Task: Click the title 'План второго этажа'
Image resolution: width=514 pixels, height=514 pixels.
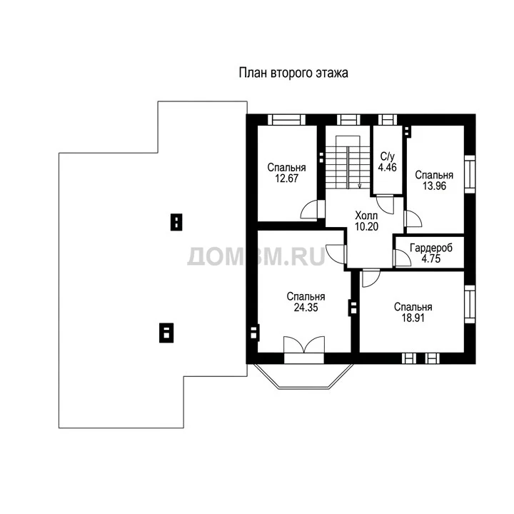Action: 293,73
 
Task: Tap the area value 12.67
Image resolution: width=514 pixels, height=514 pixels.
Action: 286,178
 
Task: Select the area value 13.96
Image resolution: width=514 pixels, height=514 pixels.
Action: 434,186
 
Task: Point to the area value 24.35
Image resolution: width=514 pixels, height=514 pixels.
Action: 306,308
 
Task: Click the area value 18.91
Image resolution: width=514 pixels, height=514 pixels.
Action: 413,318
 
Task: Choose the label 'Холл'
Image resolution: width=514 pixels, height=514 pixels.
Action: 366,216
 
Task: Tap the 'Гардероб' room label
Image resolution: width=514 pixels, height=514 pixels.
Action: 431,248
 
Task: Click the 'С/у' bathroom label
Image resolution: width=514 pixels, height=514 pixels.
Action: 388,156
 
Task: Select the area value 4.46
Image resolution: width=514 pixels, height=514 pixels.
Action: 388,167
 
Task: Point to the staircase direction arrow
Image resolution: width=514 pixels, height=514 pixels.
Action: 360,186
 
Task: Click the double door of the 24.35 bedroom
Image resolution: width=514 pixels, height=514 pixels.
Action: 304,345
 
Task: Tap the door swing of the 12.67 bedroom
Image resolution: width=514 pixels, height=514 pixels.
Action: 309,209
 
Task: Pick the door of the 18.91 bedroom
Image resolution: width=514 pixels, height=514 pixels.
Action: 371,278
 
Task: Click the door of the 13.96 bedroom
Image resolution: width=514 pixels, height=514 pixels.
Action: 413,219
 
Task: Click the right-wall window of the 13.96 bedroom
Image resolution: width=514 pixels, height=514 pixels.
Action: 470,173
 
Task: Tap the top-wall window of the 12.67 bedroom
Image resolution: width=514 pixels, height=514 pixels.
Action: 286,120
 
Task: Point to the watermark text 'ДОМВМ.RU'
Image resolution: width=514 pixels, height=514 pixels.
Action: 256,256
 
